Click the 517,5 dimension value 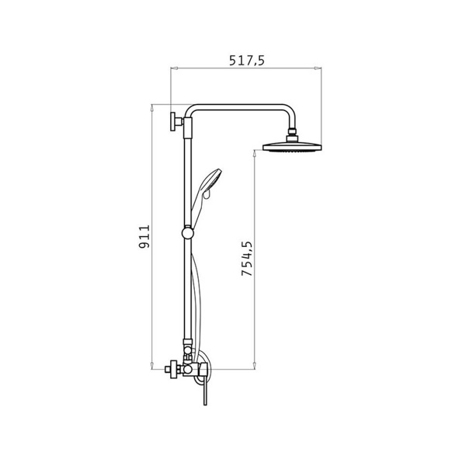246,61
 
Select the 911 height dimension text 144,237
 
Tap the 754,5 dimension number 247,259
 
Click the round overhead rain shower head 292,148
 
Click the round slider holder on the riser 187,233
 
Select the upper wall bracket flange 172,122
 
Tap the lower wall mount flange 172,370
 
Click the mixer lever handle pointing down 205,391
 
